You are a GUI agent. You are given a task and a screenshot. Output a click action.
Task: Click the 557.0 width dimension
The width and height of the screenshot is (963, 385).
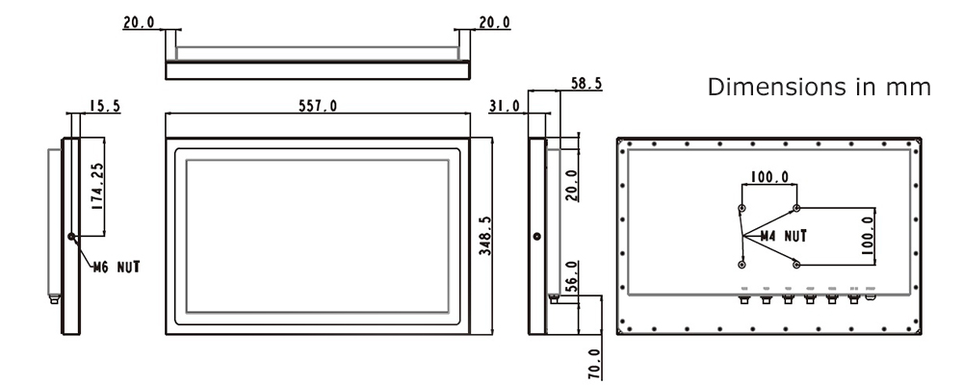pos(318,106)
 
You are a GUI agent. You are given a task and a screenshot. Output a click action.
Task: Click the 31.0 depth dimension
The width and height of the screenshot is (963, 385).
pos(505,106)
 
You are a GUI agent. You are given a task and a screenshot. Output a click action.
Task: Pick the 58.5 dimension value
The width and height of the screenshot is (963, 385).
pos(586,85)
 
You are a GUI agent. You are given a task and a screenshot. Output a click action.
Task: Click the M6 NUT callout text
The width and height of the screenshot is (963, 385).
pos(115,268)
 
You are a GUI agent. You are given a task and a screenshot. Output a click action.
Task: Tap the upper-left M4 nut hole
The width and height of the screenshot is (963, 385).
pos(741,208)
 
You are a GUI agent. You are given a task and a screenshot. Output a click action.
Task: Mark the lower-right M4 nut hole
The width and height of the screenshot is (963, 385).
pos(796,263)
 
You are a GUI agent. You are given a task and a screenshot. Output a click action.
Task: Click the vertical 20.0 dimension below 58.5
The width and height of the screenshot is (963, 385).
pos(570,183)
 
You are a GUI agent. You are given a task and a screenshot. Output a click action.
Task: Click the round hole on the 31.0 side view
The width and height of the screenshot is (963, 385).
pos(536,236)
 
